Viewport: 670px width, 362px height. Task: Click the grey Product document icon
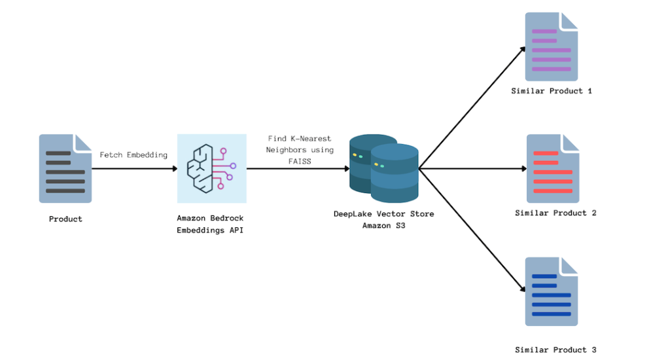[65, 168]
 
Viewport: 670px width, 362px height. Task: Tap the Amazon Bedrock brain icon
[211, 168]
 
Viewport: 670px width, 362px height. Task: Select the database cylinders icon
[383, 168]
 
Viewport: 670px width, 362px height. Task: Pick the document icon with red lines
[553, 168]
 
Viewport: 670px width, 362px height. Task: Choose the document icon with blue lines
[552, 291]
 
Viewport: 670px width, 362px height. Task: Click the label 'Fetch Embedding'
[133, 155]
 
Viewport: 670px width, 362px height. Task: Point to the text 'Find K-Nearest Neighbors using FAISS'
[300, 149]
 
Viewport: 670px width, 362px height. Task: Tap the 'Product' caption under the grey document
[65, 219]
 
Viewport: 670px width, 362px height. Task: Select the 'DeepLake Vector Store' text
[383, 214]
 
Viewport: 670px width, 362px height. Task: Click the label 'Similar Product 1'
[552, 91]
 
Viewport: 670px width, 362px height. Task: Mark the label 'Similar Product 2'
[555, 213]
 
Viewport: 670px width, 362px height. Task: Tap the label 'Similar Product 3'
[555, 350]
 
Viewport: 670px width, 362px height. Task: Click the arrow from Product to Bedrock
[134, 168]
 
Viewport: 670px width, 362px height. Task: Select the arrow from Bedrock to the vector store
[298, 168]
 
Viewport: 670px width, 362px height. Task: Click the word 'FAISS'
[300, 160]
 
